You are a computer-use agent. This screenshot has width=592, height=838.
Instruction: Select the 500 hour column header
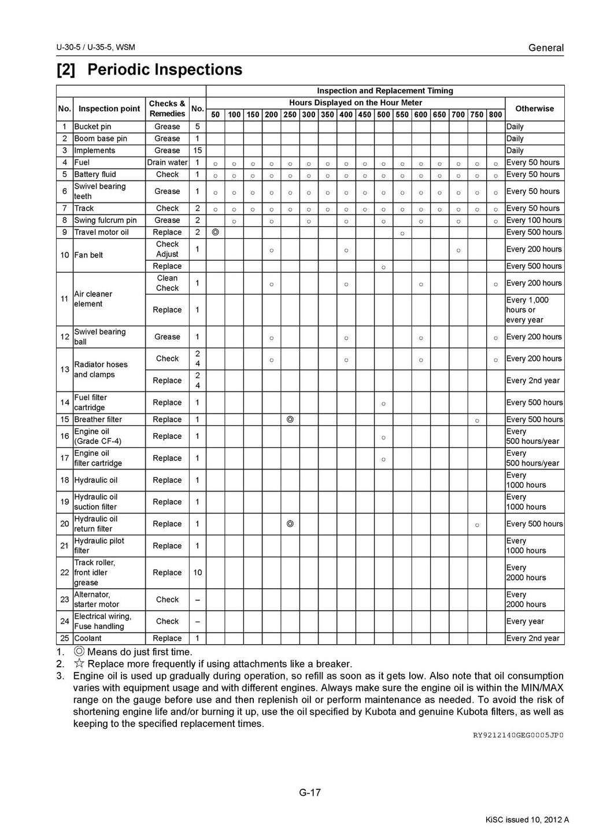coord(383,115)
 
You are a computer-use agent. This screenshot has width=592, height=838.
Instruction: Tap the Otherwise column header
coord(534,108)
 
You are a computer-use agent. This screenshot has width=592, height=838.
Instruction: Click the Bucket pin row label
coord(92,127)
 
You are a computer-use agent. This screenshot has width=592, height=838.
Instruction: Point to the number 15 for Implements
coord(197,150)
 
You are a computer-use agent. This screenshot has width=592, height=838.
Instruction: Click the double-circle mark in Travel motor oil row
coord(216,232)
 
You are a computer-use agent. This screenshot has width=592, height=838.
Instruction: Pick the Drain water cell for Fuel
coord(167,163)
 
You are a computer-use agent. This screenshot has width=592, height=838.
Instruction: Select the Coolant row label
coord(88,638)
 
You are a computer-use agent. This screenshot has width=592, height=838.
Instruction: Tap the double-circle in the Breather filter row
coord(290,419)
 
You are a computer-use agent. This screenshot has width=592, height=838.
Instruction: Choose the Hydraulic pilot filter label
coord(99,545)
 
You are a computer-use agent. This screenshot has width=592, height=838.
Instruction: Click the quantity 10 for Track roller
coord(197,573)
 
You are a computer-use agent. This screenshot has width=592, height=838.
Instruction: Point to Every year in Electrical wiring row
coord(524,621)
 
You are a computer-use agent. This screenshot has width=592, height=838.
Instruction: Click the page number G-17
coord(310,792)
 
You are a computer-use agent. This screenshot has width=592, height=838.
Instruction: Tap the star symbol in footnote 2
coord(79,664)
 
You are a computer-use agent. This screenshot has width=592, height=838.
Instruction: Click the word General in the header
coord(546,48)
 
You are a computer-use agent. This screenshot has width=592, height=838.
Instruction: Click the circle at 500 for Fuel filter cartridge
coord(383,403)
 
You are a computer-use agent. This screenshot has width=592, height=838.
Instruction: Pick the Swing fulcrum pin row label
coord(105,220)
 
